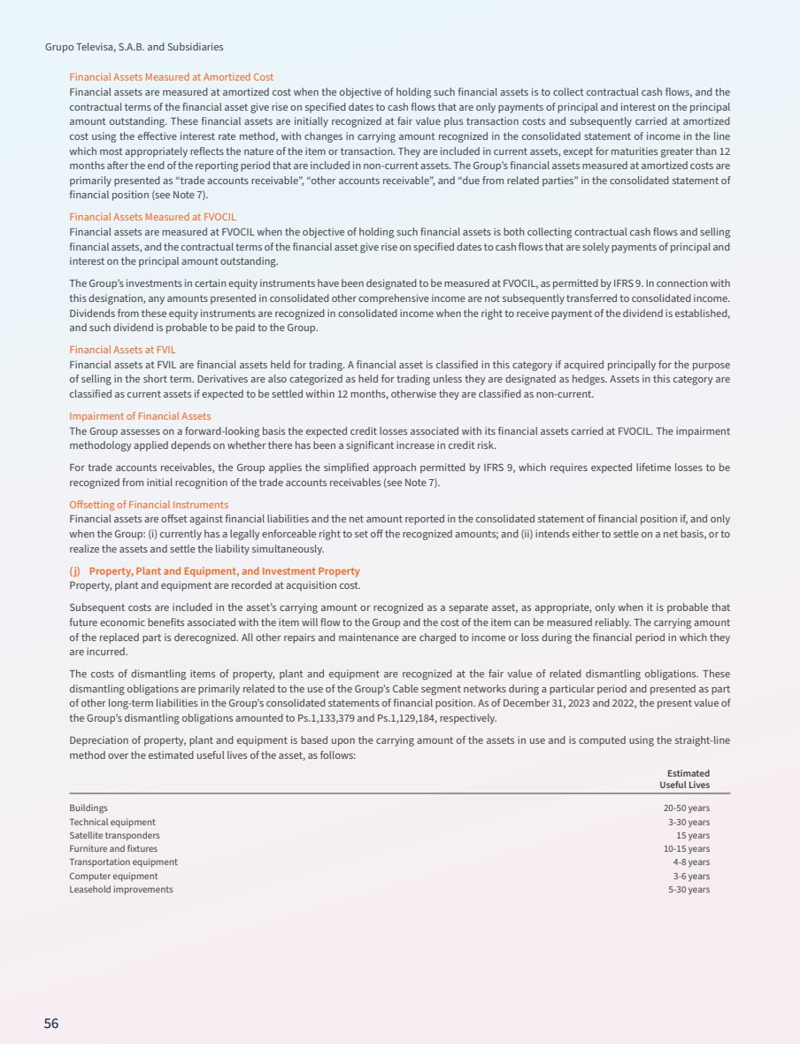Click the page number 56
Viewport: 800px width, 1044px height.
51,1024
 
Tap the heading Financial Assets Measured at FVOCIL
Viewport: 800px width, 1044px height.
152,216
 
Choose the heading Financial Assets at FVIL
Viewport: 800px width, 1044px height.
122,350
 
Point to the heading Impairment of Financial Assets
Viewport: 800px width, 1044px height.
140,415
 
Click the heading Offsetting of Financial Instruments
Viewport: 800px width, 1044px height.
149,505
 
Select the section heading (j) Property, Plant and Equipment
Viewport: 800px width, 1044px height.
214,571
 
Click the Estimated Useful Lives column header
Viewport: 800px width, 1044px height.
684,779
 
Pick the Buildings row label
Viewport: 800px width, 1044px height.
88,808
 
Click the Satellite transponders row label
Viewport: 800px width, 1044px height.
114,835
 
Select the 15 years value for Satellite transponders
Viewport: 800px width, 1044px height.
692,835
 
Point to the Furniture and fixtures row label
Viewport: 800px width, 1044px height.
113,848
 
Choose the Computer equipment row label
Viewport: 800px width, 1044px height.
113,876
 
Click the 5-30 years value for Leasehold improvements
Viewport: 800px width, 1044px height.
688,889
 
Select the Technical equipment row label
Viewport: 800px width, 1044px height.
112,822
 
